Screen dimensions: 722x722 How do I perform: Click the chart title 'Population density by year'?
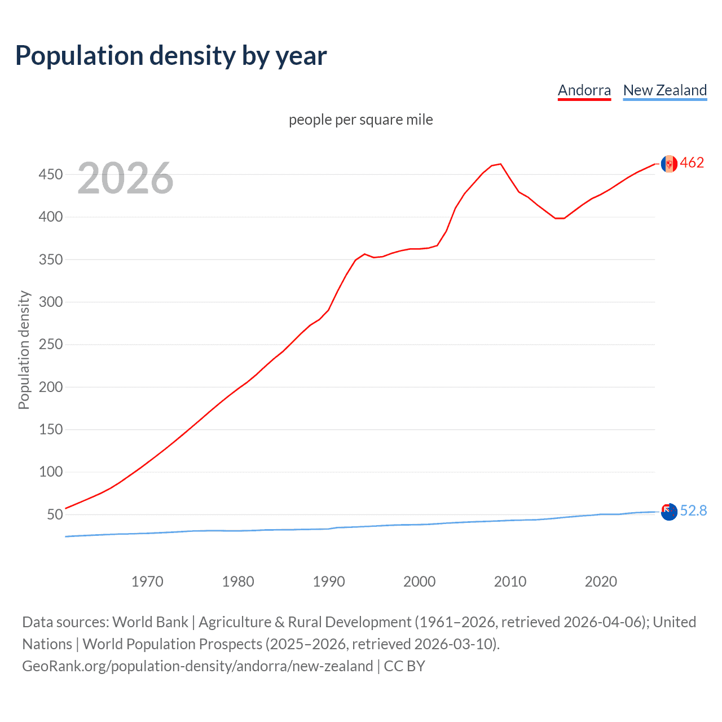pyautogui.click(x=171, y=56)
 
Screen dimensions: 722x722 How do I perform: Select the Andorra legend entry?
pyautogui.click(x=584, y=90)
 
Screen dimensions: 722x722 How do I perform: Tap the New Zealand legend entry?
pyautogui.click(x=664, y=90)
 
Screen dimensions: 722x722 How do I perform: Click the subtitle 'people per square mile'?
pyautogui.click(x=360, y=120)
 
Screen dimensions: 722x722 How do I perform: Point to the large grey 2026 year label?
pyautogui.click(x=125, y=178)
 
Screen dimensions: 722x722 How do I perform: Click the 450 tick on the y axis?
pyautogui.click(x=50, y=174)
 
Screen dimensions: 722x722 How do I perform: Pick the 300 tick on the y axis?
pyautogui.click(x=50, y=302)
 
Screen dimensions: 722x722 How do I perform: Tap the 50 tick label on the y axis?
pyautogui.click(x=54, y=514)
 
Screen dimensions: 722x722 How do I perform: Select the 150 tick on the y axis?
pyautogui.click(x=50, y=429)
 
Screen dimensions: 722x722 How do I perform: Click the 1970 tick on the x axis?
pyautogui.click(x=147, y=582)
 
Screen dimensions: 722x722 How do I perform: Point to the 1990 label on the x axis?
pyautogui.click(x=329, y=582)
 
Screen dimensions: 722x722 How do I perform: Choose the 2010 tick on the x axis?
pyautogui.click(x=510, y=582)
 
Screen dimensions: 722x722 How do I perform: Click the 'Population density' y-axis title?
pyautogui.click(x=24, y=350)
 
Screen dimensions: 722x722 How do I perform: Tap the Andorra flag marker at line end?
pyautogui.click(x=669, y=164)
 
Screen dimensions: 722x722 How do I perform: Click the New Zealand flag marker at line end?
pyautogui.click(x=669, y=512)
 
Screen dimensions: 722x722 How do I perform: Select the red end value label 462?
pyautogui.click(x=692, y=163)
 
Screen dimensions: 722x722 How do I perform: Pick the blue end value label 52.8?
pyautogui.click(x=693, y=511)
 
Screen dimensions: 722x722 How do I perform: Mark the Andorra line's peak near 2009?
pyautogui.click(x=500, y=164)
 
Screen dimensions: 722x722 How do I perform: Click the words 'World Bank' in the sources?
pyautogui.click(x=150, y=622)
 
